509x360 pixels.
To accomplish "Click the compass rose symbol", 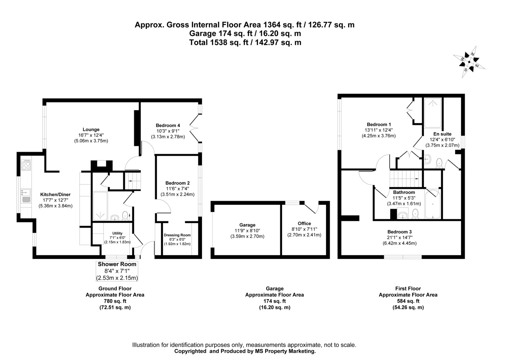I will click(x=469, y=62).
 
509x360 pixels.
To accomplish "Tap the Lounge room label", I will click(x=91, y=129).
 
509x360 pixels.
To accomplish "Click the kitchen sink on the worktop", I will click(x=26, y=192).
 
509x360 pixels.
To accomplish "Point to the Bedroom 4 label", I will click(x=168, y=125).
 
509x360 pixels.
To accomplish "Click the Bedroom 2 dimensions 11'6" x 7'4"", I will click(x=177, y=189).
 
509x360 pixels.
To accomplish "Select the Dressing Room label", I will click(x=177, y=235).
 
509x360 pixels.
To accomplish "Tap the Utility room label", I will click(x=117, y=233).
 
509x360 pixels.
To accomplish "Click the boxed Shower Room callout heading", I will click(x=117, y=264).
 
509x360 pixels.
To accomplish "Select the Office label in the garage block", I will click(x=304, y=223).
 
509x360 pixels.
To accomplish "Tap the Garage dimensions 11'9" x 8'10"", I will click(x=247, y=231).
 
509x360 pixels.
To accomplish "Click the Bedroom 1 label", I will click(x=379, y=124).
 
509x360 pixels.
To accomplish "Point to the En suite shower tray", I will click(x=433, y=112).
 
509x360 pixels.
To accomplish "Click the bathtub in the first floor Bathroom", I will click(x=433, y=204).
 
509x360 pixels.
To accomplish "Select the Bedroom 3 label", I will click(x=399, y=232).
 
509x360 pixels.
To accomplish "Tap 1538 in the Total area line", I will click(x=219, y=42).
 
